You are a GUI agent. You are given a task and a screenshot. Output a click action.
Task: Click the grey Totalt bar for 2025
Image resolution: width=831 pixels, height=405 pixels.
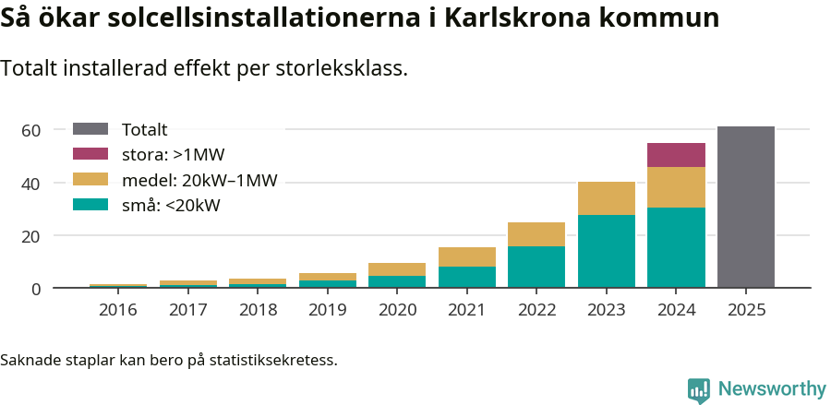pos(745,208)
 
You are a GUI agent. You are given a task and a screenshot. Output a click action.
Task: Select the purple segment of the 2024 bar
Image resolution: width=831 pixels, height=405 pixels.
pos(676,155)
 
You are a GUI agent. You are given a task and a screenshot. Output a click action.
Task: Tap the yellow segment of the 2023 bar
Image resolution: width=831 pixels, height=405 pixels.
pos(606,198)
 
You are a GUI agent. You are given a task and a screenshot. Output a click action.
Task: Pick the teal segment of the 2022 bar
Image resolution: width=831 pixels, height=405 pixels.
pos(536,268)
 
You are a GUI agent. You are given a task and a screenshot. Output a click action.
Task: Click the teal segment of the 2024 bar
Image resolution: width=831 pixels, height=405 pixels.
pos(676,248)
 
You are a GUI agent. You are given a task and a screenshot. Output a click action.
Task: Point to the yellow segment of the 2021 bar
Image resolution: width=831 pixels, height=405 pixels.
pos(466,256)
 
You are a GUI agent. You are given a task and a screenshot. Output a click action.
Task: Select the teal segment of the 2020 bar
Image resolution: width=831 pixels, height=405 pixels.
pos(397,282)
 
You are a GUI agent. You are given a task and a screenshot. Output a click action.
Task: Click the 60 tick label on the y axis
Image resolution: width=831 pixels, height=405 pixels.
pos(31,130)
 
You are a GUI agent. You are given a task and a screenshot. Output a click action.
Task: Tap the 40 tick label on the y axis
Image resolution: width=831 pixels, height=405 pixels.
pos(31,184)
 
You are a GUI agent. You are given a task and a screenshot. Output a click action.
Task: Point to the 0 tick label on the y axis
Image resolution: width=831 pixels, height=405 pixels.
pos(36,289)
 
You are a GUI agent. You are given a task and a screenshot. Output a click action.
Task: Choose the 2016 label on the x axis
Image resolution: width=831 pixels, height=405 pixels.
pos(118,310)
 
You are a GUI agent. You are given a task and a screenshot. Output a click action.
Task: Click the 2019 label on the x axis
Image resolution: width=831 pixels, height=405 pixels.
pos(327,310)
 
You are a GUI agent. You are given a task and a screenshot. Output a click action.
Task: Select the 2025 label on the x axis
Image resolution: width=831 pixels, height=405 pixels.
pos(745,310)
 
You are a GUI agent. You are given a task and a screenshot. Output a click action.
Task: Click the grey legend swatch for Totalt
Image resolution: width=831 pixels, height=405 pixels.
pos(90,130)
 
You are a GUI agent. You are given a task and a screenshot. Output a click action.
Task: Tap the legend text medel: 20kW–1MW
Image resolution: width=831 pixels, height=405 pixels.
pos(199,180)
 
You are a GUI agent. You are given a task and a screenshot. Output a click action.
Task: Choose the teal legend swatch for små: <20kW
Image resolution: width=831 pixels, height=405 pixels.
pos(90,205)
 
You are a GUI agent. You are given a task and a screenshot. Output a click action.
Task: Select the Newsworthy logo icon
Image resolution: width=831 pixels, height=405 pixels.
pos(699,389)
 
